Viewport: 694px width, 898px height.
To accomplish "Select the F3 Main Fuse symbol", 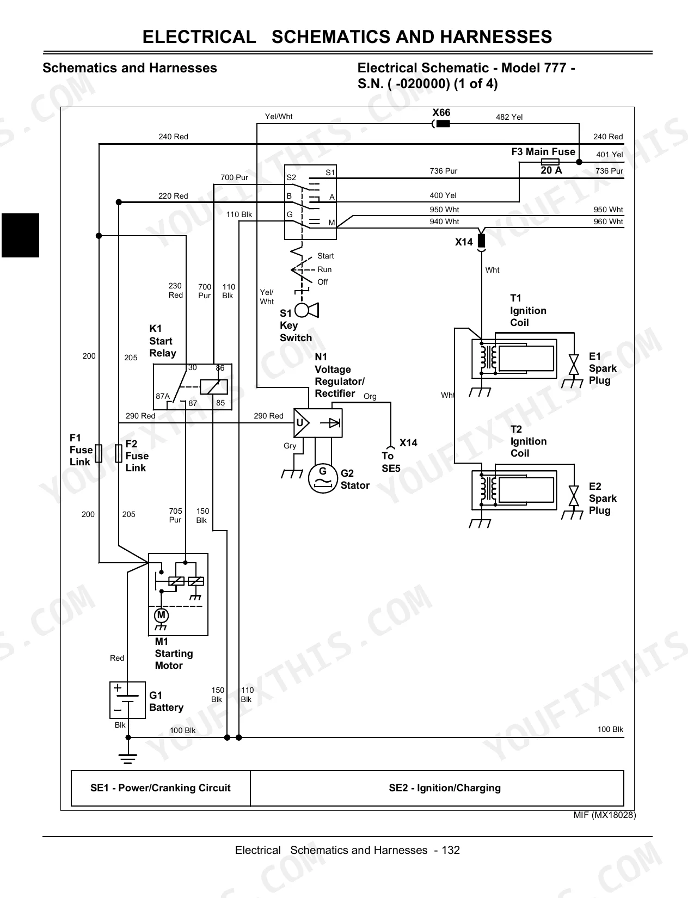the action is (x=550, y=162).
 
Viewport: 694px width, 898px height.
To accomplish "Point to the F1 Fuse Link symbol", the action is (x=99, y=453).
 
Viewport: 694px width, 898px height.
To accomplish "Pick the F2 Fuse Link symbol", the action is (x=119, y=453).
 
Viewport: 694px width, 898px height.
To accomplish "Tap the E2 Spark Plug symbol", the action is (x=574, y=496).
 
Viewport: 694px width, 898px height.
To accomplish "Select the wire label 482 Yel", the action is (x=509, y=117).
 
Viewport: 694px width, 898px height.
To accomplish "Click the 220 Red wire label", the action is (x=173, y=196).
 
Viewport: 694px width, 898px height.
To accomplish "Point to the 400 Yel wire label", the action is (x=443, y=195).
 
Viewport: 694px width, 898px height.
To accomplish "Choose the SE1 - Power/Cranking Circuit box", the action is (x=161, y=788).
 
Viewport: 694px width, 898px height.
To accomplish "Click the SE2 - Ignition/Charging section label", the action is (x=445, y=788).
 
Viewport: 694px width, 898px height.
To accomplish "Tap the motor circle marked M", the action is (x=161, y=616).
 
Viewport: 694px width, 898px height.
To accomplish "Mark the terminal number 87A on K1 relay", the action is (x=162, y=396).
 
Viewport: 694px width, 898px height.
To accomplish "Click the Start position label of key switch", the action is (x=325, y=256).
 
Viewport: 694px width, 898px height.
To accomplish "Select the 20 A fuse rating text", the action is (x=551, y=170).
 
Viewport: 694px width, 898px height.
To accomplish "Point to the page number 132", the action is (x=451, y=850).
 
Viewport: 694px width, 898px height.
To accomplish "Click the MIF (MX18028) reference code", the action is (x=605, y=815).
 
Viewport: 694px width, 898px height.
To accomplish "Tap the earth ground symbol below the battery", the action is (x=128, y=759).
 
